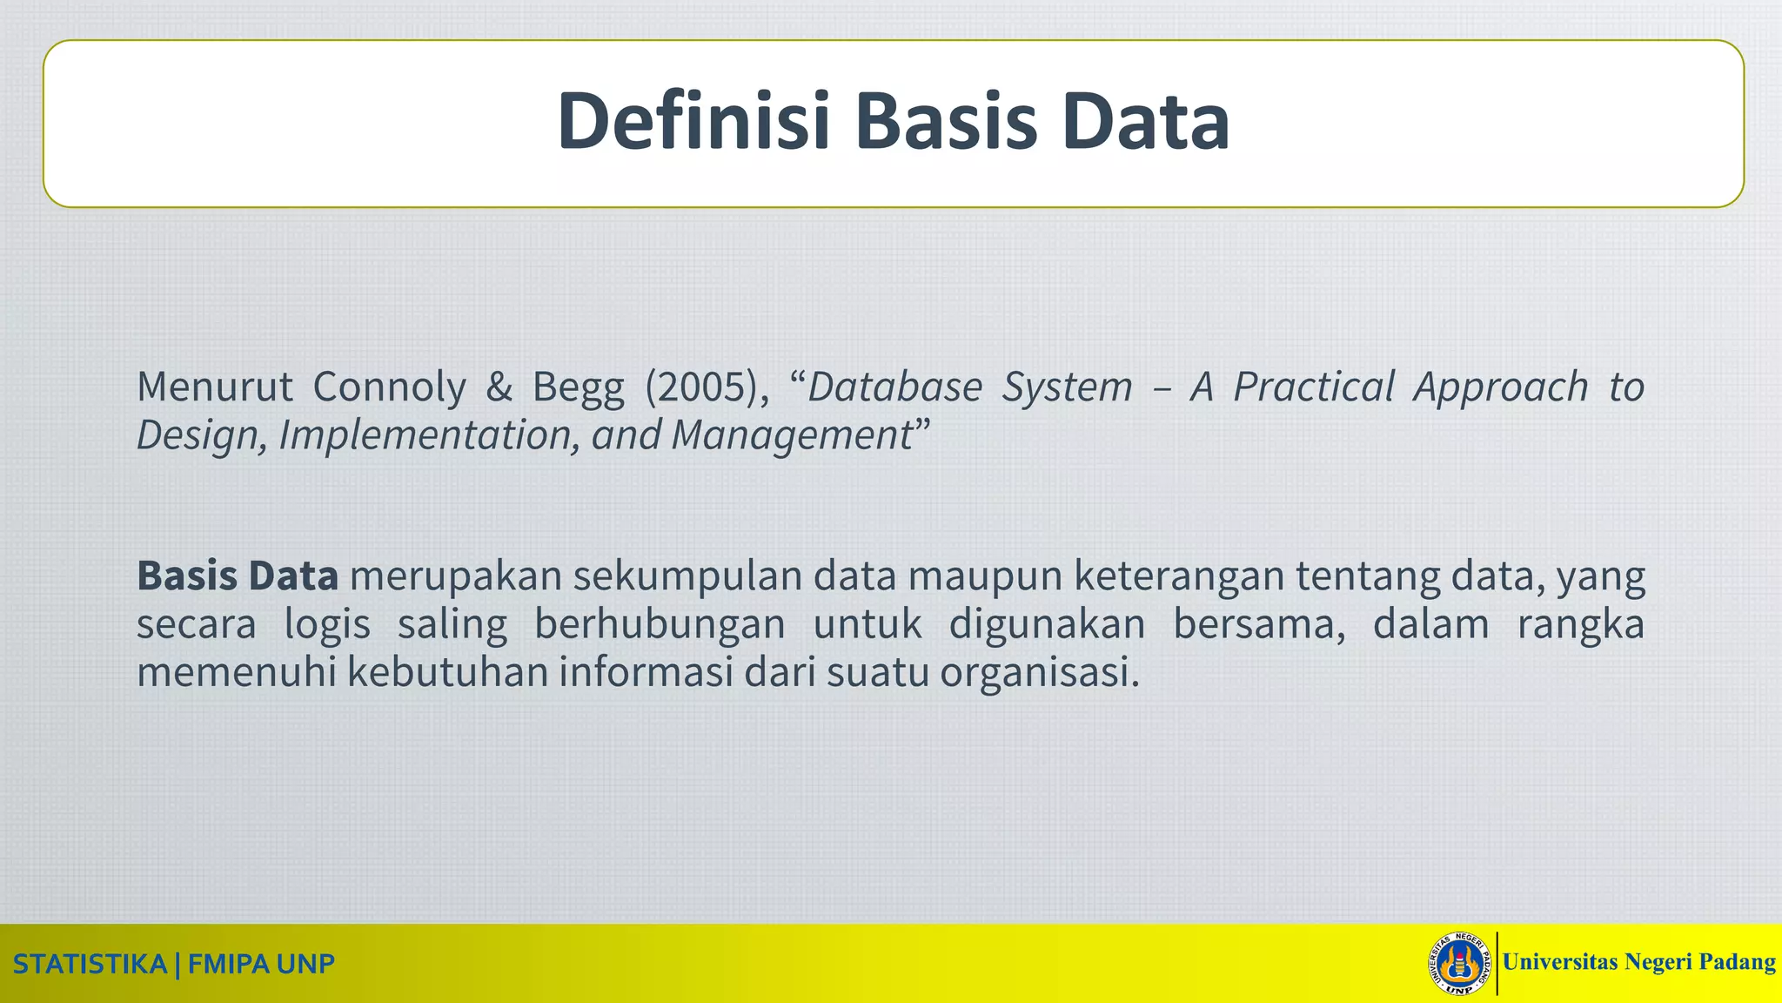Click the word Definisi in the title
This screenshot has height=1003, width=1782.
693,121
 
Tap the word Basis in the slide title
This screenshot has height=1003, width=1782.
946,121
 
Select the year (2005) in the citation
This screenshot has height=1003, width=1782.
700,387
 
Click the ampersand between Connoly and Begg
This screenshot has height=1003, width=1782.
499,387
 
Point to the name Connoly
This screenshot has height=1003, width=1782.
389,387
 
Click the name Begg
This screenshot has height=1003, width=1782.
579,388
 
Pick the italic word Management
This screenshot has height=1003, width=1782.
791,435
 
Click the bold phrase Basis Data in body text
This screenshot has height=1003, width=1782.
238,576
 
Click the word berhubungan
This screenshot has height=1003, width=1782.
659,624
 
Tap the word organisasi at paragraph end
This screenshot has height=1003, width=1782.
1039,672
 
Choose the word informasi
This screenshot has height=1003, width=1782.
646,672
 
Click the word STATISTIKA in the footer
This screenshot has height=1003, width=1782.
90,965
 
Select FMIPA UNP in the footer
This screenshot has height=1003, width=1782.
261,965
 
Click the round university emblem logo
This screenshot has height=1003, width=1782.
1460,964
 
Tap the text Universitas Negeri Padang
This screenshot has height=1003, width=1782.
1638,962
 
